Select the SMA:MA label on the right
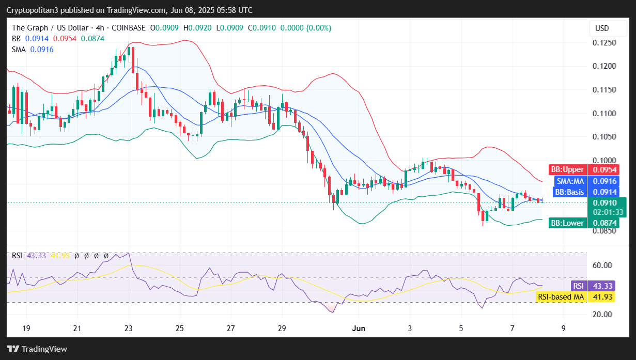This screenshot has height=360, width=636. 570,181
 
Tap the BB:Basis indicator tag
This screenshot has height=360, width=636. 568,192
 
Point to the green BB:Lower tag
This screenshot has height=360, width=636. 567,223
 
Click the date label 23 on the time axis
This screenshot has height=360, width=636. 129,328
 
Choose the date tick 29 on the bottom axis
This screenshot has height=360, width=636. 282,328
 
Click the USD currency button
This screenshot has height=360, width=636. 602,28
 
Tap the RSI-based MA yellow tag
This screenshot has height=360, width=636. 561,297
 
